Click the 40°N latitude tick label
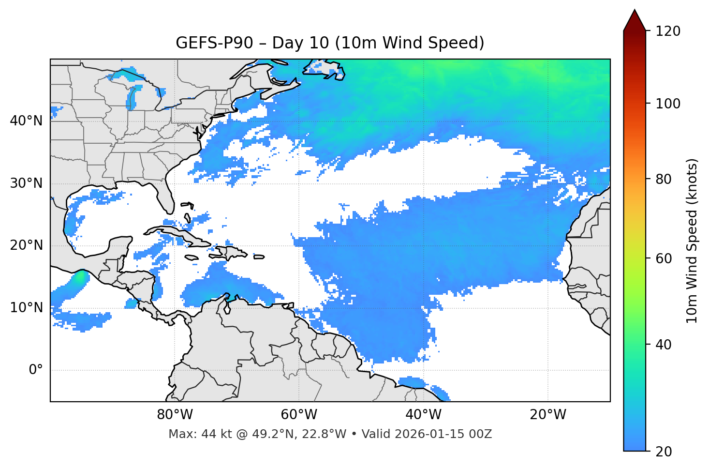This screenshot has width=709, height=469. (x=26, y=121)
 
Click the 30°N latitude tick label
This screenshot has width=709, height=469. (x=26, y=183)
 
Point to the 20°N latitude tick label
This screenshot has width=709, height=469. (x=26, y=245)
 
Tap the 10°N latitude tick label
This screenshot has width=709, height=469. (x=26, y=308)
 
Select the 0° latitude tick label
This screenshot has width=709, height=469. (x=36, y=370)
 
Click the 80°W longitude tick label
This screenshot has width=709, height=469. (x=175, y=415)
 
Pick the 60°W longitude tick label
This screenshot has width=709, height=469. (x=299, y=415)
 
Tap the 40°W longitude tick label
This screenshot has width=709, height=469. (x=423, y=415)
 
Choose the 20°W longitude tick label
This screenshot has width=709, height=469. (x=547, y=415)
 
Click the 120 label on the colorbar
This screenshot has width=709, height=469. (x=667, y=31)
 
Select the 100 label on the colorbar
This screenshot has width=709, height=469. (x=667, y=104)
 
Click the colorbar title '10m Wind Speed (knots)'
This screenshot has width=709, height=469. (x=692, y=241)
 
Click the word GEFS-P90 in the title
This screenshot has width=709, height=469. (x=214, y=43)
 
